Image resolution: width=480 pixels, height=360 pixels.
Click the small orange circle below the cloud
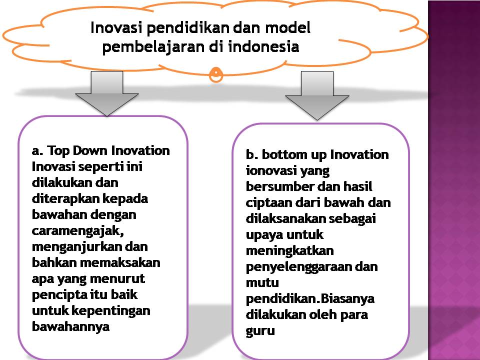pyautogui.click(x=215, y=74)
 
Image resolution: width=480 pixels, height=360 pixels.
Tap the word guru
pyautogui.click(x=260, y=331)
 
